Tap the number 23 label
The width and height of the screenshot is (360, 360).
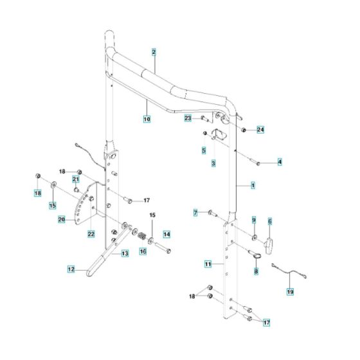(x=188, y=118)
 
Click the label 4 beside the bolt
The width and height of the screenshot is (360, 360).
(x=280, y=161)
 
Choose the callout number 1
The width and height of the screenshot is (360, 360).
(x=253, y=184)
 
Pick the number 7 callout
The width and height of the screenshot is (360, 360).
(x=195, y=212)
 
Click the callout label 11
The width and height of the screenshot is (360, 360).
(x=208, y=264)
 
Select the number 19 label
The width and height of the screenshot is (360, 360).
(x=290, y=291)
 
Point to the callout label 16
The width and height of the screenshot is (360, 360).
(x=143, y=252)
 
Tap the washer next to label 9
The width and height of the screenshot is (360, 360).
(x=254, y=239)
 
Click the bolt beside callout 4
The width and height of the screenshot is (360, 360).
(x=258, y=163)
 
